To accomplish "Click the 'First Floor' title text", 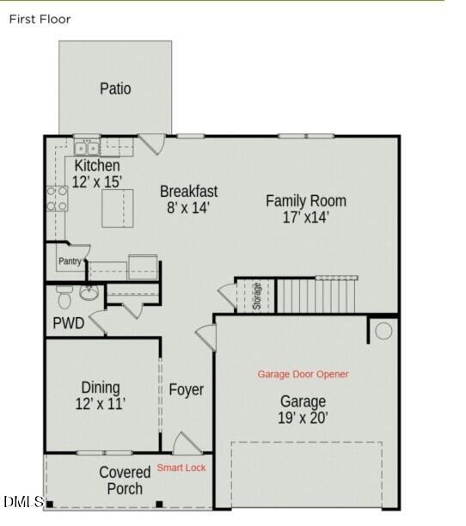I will (x=40, y=19).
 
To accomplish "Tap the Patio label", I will (x=115, y=89).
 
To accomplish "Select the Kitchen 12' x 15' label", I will (x=97, y=173).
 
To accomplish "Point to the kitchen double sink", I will (x=87, y=148).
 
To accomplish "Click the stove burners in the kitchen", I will (x=58, y=199).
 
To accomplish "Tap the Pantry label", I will (x=70, y=261).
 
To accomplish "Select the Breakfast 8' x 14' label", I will (x=188, y=199).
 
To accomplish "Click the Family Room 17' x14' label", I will (x=305, y=209).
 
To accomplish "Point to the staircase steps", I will (x=316, y=295).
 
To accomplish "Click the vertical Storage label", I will (x=256, y=297).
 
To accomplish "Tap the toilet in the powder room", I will (x=64, y=297).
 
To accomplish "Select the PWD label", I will (x=69, y=324).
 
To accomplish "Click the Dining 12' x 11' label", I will (x=101, y=395).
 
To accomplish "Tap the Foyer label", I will (x=186, y=390).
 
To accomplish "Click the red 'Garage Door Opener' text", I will (x=303, y=374).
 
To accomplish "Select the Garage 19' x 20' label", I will (x=303, y=410).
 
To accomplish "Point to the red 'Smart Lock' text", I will (x=181, y=468).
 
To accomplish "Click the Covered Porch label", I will (x=125, y=480).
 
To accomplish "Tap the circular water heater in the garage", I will (x=383, y=331).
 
